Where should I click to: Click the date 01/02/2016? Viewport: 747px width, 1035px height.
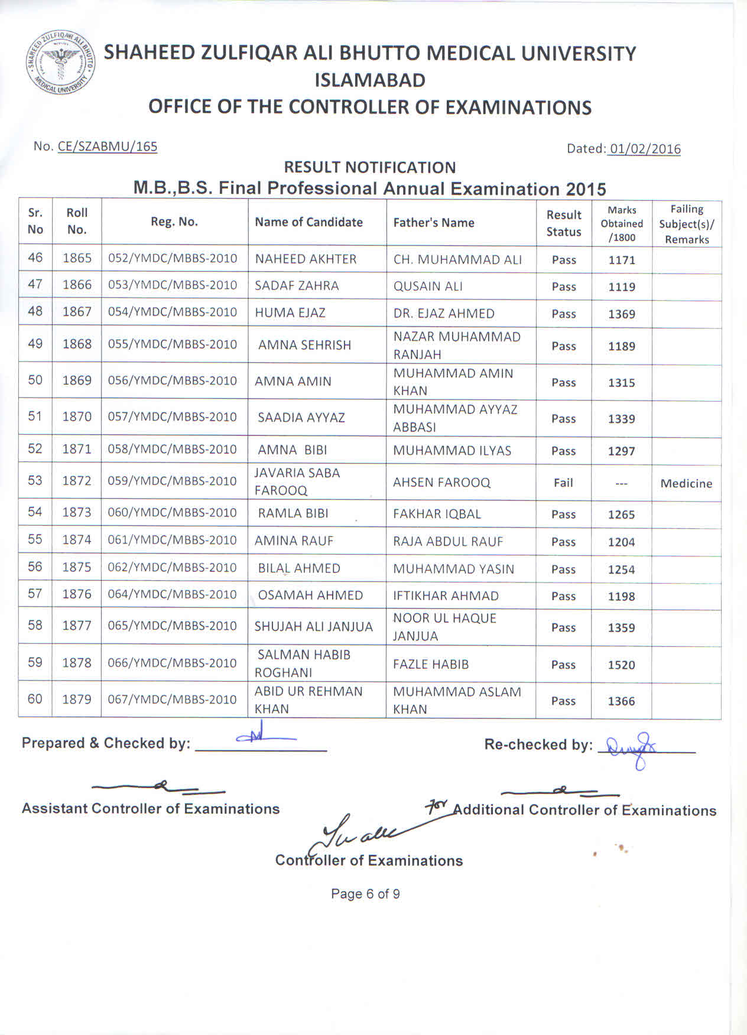(x=645, y=149)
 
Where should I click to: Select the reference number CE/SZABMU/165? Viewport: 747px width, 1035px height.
(x=108, y=147)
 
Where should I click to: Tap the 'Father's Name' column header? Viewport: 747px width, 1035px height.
(x=434, y=223)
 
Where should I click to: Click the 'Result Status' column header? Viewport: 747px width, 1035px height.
(x=564, y=223)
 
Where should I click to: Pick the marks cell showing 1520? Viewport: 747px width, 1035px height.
(x=621, y=665)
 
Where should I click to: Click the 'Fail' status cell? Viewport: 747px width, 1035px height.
(x=563, y=483)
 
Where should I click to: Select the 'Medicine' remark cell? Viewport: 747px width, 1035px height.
(x=686, y=484)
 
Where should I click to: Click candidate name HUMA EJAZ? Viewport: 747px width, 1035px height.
(x=290, y=313)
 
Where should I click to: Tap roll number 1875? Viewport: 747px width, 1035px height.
(x=77, y=567)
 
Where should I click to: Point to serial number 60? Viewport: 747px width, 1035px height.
(x=35, y=699)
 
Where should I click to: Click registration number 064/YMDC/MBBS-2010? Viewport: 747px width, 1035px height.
(x=172, y=594)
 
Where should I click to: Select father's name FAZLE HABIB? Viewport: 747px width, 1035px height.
(x=431, y=665)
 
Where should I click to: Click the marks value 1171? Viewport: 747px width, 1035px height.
(x=622, y=260)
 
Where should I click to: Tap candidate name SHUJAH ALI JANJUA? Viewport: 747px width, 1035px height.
(x=313, y=627)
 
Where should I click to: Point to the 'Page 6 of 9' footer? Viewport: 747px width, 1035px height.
(x=365, y=894)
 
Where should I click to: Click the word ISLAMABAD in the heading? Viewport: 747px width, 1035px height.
(x=370, y=80)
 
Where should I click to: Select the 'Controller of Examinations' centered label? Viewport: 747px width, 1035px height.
(x=369, y=861)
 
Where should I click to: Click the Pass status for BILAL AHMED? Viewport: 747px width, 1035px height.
(x=563, y=569)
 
